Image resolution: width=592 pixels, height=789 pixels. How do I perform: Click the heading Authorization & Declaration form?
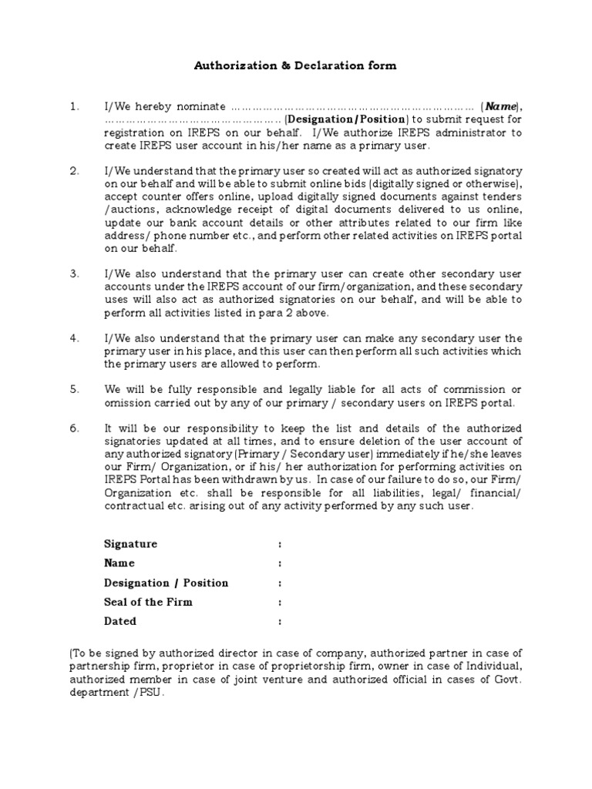[x=295, y=65]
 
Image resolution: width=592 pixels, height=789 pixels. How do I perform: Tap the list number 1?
[x=74, y=107]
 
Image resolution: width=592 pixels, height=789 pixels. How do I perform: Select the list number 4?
[x=74, y=338]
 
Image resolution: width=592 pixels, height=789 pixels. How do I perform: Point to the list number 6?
[x=74, y=428]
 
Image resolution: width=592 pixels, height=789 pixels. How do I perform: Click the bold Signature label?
[x=131, y=544]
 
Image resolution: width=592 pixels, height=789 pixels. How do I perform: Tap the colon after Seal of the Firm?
[x=280, y=603]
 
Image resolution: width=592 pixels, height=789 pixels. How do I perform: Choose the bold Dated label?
[x=120, y=621]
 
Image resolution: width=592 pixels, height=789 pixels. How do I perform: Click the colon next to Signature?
[x=280, y=544]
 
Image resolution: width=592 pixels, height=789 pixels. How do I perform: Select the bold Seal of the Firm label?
[x=149, y=602]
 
